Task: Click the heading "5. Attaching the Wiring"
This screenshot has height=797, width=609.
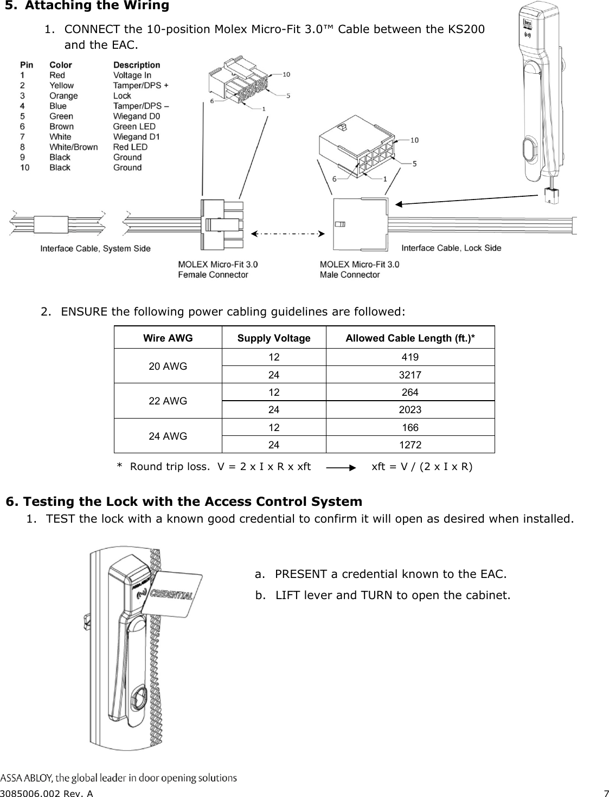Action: tap(87, 6)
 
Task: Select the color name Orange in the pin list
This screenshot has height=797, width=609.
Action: tap(63, 96)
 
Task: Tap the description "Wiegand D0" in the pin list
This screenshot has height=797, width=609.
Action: tap(136, 116)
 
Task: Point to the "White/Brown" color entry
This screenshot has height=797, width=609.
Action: tap(73, 147)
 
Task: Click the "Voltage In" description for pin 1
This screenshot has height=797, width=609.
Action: tap(132, 75)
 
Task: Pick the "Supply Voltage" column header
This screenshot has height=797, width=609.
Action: tap(274, 338)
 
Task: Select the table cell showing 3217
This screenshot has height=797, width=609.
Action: tap(410, 375)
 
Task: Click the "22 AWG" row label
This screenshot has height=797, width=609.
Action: tap(168, 401)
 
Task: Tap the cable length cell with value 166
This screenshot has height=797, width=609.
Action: tap(410, 427)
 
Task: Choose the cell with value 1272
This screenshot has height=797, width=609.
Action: tap(410, 445)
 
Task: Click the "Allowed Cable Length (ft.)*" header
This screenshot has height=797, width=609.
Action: tap(410, 338)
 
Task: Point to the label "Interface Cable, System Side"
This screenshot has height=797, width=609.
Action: tap(95, 249)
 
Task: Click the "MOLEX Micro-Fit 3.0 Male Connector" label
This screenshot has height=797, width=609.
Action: tap(359, 269)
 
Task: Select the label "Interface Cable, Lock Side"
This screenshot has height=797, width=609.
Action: tap(451, 248)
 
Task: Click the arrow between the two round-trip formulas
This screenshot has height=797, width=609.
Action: tap(341, 467)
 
